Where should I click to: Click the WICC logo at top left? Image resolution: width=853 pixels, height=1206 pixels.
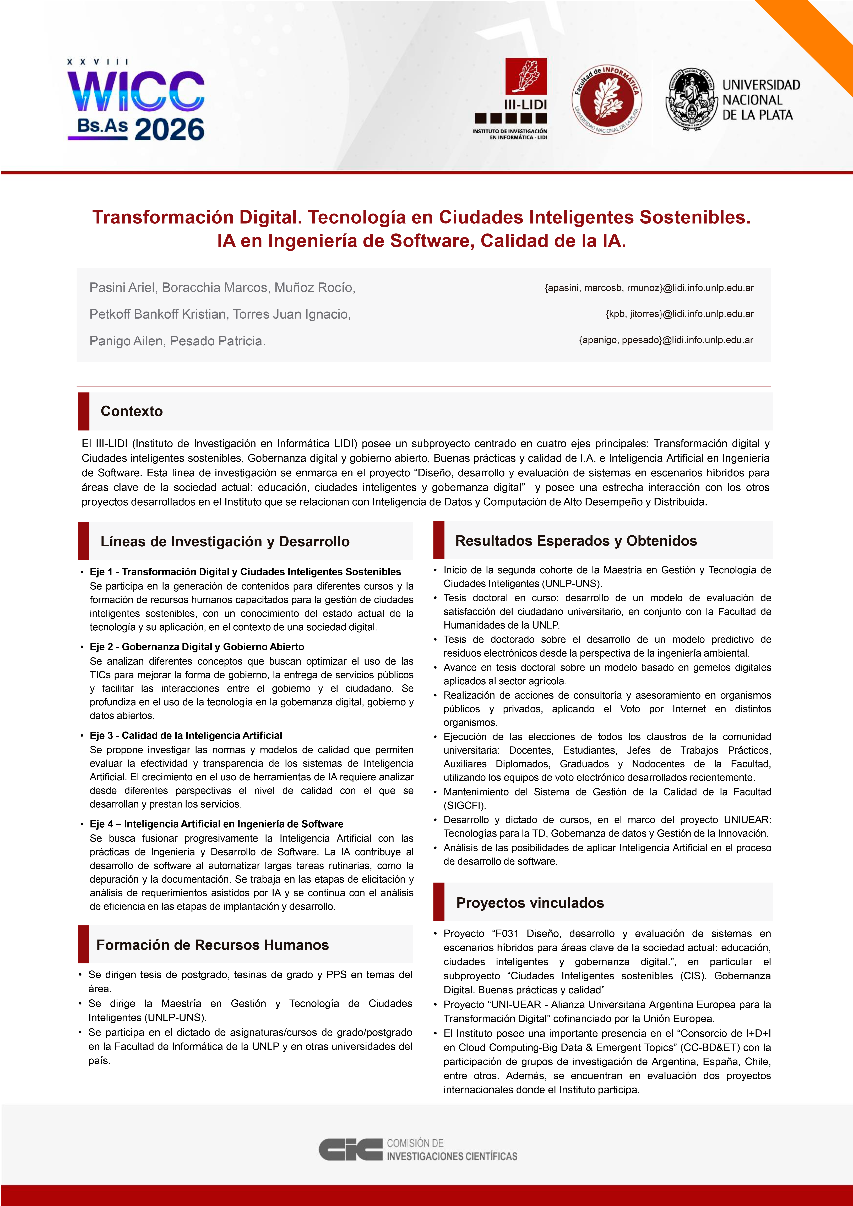(x=135, y=100)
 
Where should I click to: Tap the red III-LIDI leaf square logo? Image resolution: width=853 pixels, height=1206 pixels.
(x=526, y=76)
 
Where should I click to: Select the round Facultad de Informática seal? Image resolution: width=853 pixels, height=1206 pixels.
(x=607, y=100)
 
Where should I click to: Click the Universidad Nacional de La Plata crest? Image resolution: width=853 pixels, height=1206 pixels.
(x=691, y=100)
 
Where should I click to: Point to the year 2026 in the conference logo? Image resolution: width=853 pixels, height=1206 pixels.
(x=169, y=129)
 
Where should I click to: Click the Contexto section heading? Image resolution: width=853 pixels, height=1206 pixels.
(x=131, y=411)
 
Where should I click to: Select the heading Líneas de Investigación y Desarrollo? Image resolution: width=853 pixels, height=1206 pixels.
(x=225, y=542)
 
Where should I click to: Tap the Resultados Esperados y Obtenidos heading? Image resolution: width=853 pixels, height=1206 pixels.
(x=576, y=541)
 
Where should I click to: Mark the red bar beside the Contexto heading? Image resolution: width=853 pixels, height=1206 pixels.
(x=84, y=411)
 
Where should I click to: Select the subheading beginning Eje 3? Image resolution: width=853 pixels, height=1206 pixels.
(x=186, y=735)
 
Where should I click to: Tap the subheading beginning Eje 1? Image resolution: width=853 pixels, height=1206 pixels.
(x=245, y=572)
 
